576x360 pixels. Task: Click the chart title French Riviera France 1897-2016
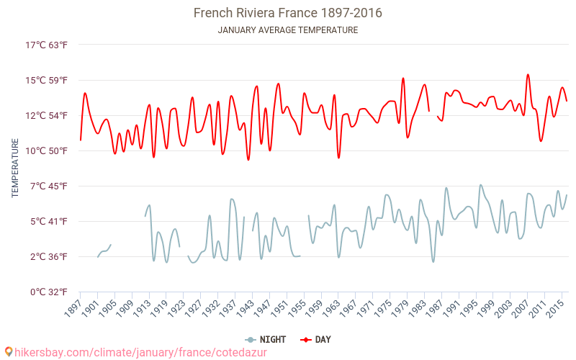click(x=288, y=13)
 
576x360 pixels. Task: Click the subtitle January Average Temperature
click(x=288, y=30)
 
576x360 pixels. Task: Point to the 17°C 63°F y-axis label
click(x=47, y=45)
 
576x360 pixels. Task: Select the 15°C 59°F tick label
click(x=47, y=81)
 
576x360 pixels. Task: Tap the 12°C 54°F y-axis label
click(x=47, y=116)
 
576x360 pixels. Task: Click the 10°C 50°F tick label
click(x=47, y=151)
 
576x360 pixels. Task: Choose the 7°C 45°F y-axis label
click(x=47, y=186)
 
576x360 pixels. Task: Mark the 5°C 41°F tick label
click(x=47, y=222)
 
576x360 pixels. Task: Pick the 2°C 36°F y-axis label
click(x=47, y=257)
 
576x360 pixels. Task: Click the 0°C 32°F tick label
click(x=47, y=292)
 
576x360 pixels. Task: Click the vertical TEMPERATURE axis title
click(x=15, y=168)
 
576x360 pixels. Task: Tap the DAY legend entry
click(x=316, y=339)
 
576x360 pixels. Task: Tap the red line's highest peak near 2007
click(x=528, y=74)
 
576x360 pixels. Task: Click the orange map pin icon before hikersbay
click(x=8, y=351)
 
